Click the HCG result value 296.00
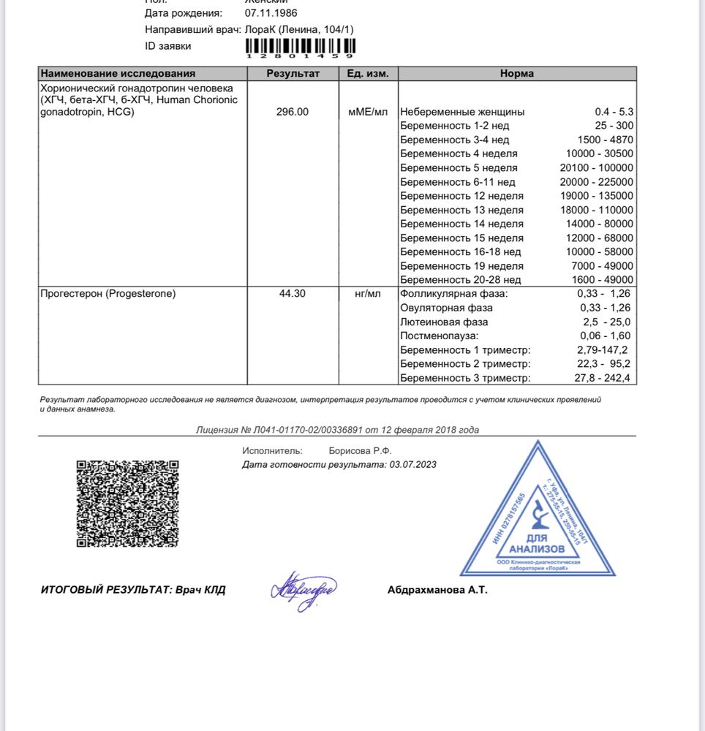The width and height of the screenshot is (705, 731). pyautogui.click(x=293, y=112)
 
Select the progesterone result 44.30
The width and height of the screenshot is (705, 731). pyautogui.click(x=293, y=294)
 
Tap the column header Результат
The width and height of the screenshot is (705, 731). pyautogui.click(x=293, y=73)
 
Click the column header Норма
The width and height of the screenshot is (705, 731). pyautogui.click(x=516, y=73)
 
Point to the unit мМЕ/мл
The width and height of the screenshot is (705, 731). pyautogui.click(x=368, y=112)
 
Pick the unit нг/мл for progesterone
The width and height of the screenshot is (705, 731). pyautogui.click(x=368, y=294)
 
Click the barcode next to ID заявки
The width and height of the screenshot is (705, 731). pyautogui.click(x=300, y=46)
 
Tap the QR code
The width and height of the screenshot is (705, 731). pyautogui.click(x=128, y=503)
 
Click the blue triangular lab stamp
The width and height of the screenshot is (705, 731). pyautogui.click(x=538, y=515)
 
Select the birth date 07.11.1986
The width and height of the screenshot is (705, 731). pyautogui.click(x=271, y=13)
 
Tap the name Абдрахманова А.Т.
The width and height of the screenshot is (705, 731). pyautogui.click(x=437, y=590)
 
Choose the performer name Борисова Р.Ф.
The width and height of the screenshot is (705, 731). pyautogui.click(x=361, y=451)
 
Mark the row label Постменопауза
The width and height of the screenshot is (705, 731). pyautogui.click(x=440, y=336)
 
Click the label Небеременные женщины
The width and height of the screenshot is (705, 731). pyautogui.click(x=462, y=112)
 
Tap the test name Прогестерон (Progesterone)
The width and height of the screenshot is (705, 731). pyautogui.click(x=108, y=294)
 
